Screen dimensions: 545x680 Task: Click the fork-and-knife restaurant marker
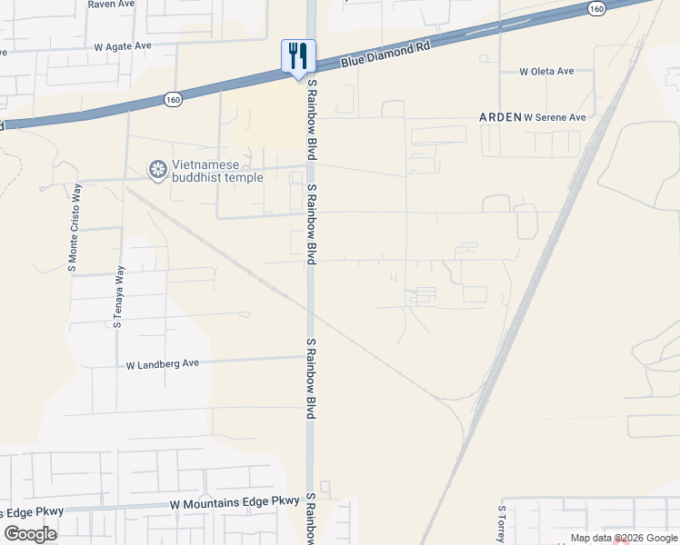tap(298, 56)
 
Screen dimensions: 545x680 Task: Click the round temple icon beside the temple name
tap(158, 170)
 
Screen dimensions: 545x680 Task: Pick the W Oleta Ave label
tap(546, 71)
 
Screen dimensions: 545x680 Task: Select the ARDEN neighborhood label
tap(500, 117)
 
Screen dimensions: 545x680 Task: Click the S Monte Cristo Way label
tap(75, 227)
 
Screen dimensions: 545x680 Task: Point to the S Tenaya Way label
tap(118, 296)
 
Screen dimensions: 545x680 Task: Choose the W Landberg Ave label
tap(162, 364)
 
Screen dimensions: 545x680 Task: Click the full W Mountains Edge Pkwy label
tap(235, 501)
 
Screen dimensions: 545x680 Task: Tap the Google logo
tap(30, 534)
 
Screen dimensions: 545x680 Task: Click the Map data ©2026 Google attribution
tap(624, 539)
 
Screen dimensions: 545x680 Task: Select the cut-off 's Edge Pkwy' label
tap(32, 511)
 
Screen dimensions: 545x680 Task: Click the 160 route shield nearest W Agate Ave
tap(172, 97)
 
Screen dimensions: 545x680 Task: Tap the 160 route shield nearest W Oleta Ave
tap(595, 8)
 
